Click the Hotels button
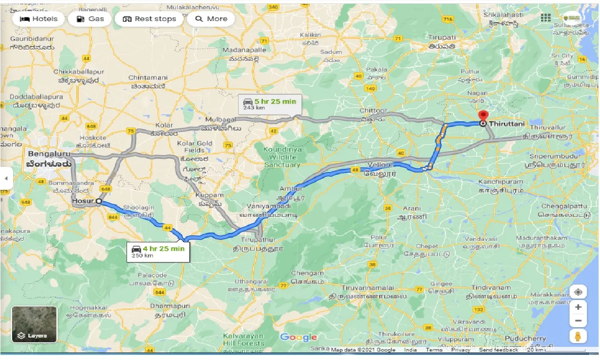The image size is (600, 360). pos(38,19)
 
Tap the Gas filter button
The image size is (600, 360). pos(90,19)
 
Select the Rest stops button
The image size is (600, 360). pos(149,19)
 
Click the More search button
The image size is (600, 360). pos(211,19)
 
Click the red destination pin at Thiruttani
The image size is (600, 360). pos(483,117)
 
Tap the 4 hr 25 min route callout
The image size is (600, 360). pos(158,252)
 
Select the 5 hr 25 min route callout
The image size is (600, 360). pos(269,104)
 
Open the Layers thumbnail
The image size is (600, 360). pos(34,324)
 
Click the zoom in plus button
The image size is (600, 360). pos(578,307)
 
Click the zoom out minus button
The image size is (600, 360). pos(578,321)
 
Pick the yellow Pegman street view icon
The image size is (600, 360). pos(578,336)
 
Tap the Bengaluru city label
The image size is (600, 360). pos(49,154)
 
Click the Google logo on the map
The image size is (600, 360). pos(299,337)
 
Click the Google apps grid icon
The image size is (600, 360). pos(546,18)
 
